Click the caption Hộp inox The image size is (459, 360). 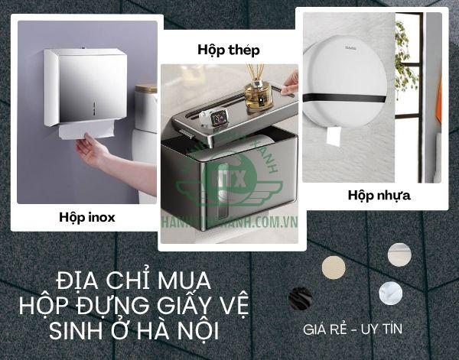[86, 217]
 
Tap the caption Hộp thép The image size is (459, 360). [228, 50]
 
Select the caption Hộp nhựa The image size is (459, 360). [379, 195]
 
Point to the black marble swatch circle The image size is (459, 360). [300, 298]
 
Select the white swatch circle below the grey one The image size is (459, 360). [390, 294]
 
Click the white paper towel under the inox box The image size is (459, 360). [86, 133]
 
